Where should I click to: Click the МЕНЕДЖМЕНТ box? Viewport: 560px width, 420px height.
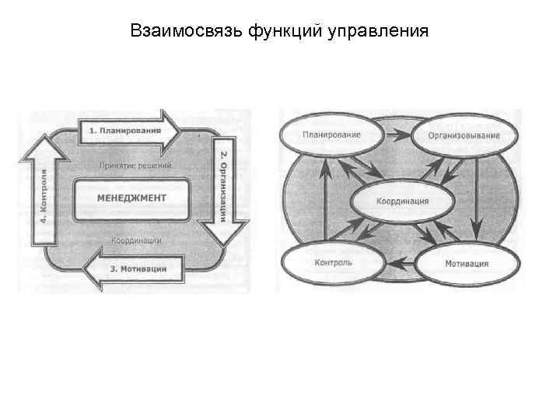tap(131, 198)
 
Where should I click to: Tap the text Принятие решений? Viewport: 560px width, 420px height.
tap(136, 165)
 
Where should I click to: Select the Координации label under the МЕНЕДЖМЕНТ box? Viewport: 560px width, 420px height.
tap(136, 240)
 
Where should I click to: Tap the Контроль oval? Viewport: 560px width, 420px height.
tap(333, 263)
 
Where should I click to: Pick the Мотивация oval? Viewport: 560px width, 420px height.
tap(467, 264)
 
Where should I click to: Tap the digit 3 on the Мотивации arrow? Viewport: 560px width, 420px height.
tap(114, 269)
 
